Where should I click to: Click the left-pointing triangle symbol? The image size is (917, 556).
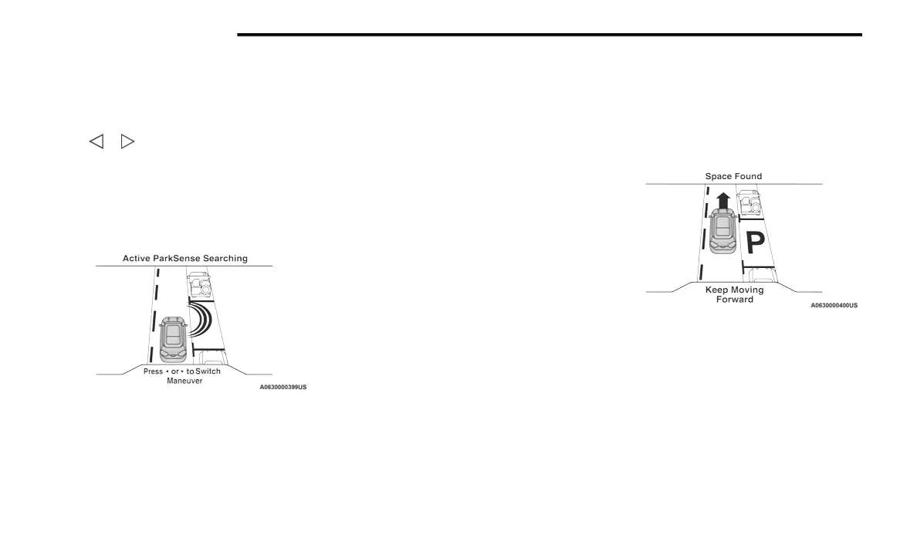click(96, 141)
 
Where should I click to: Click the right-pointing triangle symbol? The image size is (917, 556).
click(127, 141)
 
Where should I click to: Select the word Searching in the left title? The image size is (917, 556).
click(227, 258)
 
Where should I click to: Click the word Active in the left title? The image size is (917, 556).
click(137, 258)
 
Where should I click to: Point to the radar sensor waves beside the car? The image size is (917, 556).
click(200, 318)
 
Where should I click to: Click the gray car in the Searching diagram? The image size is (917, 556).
click(174, 337)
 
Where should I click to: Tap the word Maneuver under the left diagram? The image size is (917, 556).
click(184, 381)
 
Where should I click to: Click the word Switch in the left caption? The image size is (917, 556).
click(208, 371)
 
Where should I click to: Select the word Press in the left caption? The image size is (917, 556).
click(153, 371)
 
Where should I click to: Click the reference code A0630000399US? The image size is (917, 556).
click(283, 386)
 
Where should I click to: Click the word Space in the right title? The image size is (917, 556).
click(719, 176)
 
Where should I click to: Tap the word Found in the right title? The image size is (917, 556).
click(748, 176)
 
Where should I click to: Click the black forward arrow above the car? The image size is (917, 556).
click(722, 202)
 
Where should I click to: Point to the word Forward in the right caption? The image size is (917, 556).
click(734, 299)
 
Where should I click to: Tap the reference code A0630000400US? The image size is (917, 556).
click(834, 305)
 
